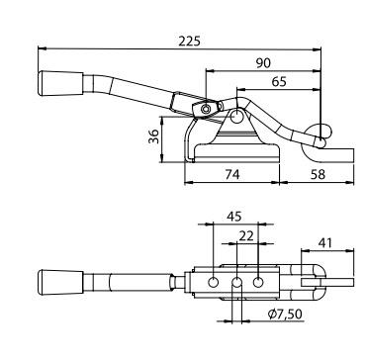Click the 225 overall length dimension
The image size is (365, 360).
coord(189,42)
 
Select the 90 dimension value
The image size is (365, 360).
coord(263,63)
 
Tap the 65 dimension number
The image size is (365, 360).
coord(279,81)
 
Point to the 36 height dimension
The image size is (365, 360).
coord(153,135)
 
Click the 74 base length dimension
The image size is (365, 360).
coord(232,174)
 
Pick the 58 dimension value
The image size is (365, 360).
coord(318,174)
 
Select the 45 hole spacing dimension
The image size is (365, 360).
coord(233,217)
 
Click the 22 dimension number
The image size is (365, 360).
coord(246,236)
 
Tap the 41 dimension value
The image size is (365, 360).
coord(324,243)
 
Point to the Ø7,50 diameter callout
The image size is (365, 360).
coord(285,315)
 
